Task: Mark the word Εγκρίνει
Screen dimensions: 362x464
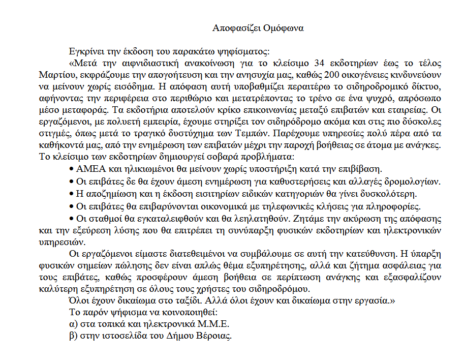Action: [85, 51]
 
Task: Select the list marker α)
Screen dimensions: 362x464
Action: [73, 324]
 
